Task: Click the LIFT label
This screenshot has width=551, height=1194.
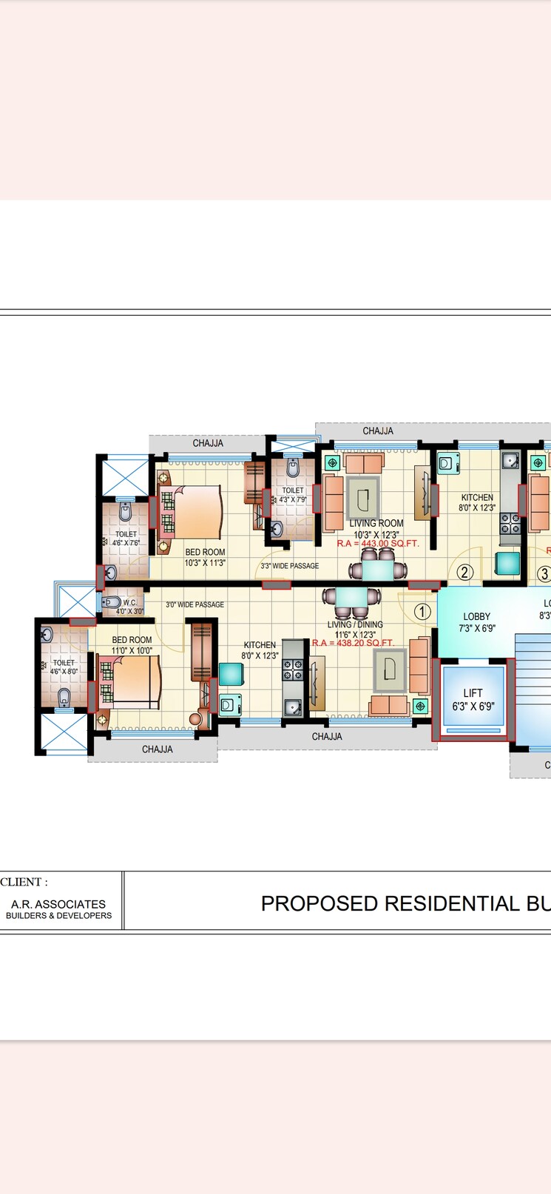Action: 473,700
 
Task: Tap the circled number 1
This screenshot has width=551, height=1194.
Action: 422,612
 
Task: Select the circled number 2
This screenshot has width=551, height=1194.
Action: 464,572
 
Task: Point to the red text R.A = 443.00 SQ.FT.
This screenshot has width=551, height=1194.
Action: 378,544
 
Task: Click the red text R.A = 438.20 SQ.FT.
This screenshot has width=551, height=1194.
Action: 352,644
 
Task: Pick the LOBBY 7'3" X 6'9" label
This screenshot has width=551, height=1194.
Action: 477,622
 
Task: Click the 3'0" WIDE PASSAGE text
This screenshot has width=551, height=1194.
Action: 195,604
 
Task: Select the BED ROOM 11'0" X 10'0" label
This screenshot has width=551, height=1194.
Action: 132,645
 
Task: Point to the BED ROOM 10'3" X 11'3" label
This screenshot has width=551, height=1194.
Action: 205,557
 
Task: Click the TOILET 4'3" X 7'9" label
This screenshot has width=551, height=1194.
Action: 292,495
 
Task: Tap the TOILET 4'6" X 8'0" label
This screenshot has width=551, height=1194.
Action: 64,667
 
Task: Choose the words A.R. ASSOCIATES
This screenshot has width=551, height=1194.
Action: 58,904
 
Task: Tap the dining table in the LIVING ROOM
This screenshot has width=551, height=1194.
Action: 378,571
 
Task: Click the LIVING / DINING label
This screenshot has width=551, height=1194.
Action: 355,624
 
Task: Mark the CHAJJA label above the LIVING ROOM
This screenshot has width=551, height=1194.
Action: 377,431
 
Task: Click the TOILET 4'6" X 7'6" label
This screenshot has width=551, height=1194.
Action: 126,538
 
